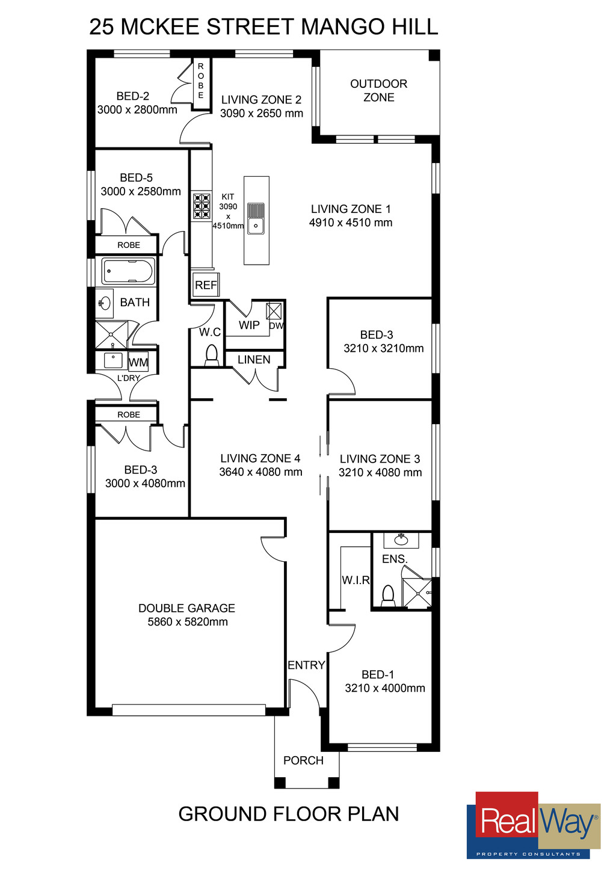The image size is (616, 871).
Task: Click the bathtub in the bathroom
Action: tap(128, 271)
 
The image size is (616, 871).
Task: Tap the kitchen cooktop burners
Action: tap(202, 206)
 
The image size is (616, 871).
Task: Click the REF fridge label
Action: tap(206, 285)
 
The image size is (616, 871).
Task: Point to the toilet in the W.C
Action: tap(211, 355)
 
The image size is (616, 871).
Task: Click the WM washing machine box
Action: tap(138, 362)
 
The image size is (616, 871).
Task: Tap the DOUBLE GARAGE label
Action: tap(186, 608)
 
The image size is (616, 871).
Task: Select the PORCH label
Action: tap(303, 760)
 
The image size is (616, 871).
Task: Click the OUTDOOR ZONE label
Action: tap(379, 91)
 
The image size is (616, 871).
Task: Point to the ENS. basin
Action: tap(401, 540)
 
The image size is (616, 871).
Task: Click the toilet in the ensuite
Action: tap(388, 596)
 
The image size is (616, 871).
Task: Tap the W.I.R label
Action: tap(356, 580)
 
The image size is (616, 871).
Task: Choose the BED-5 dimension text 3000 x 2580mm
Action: tap(141, 191)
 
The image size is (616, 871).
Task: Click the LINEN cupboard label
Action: tap(254, 360)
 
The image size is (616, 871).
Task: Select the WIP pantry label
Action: tap(249, 325)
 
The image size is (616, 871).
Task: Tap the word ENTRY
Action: tap(306, 665)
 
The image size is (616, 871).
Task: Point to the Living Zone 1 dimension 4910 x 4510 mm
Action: tap(351, 223)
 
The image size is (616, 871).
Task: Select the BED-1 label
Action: tap(378, 674)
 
